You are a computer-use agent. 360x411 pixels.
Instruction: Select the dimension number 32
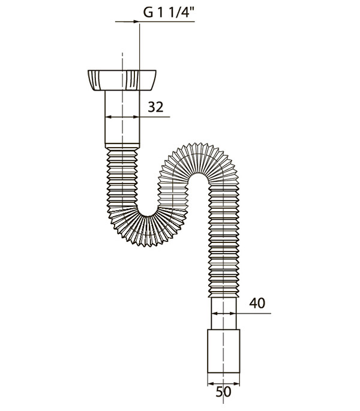pyautogui.click(x=155, y=107)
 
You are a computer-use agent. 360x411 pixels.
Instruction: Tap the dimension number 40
pyautogui.click(x=257, y=303)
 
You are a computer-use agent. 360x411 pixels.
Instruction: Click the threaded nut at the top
pyautogui.click(x=122, y=80)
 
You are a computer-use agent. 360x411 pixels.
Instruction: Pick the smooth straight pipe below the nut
pyautogui.click(x=122, y=117)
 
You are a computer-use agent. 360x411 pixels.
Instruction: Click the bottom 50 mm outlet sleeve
pyautogui.click(x=223, y=351)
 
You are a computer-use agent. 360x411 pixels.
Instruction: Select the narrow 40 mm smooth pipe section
pyautogui.click(x=223, y=313)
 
